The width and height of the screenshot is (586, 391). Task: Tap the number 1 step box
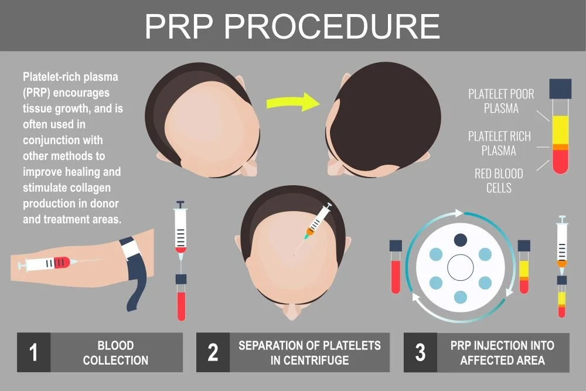pyautogui.click(x=33, y=352)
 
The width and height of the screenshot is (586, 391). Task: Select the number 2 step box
pyautogui.click(x=213, y=352)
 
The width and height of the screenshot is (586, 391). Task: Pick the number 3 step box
pyautogui.click(x=420, y=352)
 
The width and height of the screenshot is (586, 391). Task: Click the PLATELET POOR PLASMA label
pyautogui.click(x=501, y=101)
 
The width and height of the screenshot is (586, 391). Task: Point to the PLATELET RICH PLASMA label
pyautogui.click(x=499, y=143)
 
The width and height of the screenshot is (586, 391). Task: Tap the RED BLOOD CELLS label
pyautogui.click(x=499, y=181)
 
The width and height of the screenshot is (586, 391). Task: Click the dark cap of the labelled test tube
pyautogui.click(x=560, y=89)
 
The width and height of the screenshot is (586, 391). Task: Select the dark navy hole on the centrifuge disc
pyautogui.click(x=461, y=240)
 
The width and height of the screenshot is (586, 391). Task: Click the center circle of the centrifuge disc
pyautogui.click(x=461, y=268)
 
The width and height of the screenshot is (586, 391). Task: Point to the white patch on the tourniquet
pyautogui.click(x=131, y=248)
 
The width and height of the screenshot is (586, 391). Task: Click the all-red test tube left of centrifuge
pyautogui.click(x=396, y=267)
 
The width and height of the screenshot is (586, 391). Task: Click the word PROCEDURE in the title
pyautogui.click(x=332, y=26)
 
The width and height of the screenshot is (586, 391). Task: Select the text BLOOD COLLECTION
pyautogui.click(x=115, y=352)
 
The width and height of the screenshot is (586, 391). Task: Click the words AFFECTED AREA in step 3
pyautogui.click(x=502, y=360)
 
